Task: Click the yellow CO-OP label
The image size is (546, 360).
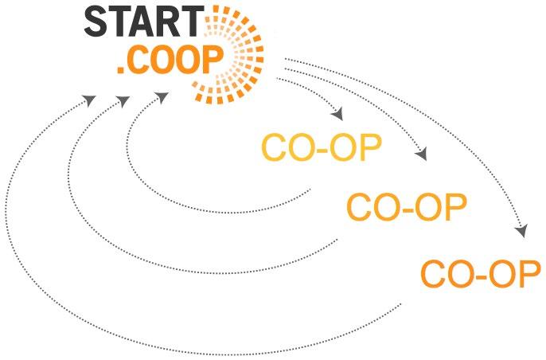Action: click(321, 148)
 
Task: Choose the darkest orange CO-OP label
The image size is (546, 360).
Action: click(481, 274)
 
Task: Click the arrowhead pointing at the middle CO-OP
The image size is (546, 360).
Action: click(423, 154)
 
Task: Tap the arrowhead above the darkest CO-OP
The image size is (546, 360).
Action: click(521, 231)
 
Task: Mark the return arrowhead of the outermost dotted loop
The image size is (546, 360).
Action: click(89, 101)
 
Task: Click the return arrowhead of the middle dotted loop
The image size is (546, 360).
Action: click(123, 101)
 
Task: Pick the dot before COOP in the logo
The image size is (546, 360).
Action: click(119, 74)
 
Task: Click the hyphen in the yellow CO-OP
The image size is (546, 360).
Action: click(322, 151)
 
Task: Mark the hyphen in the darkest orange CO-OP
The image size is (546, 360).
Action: click(482, 276)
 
